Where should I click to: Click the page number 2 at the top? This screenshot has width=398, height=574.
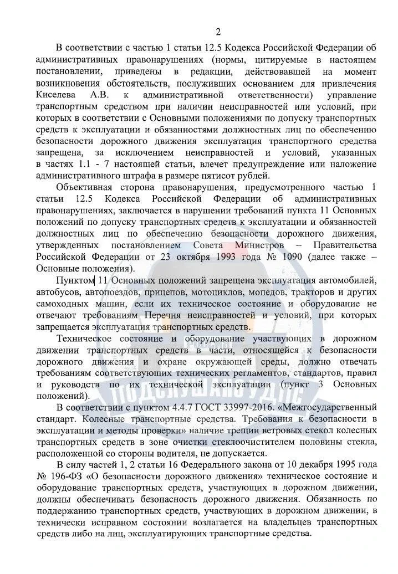click(218, 31)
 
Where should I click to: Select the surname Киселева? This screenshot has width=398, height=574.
click(54, 95)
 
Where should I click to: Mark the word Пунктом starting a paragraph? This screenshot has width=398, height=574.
click(76, 282)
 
